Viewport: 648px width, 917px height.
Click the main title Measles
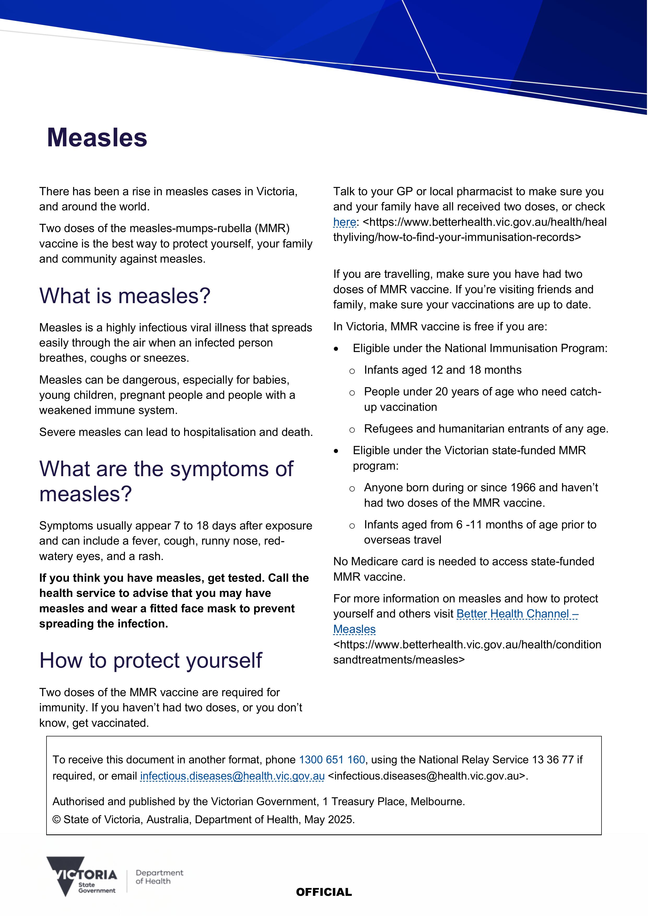(x=97, y=138)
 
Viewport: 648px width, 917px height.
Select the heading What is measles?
(x=125, y=296)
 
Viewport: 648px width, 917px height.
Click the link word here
(x=344, y=222)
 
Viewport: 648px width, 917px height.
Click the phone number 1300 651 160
(x=332, y=760)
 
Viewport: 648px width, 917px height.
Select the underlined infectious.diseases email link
(x=232, y=776)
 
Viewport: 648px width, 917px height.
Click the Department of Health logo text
(x=159, y=877)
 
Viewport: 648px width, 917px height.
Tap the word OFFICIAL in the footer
(x=324, y=892)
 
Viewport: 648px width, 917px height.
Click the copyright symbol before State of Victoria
(x=57, y=820)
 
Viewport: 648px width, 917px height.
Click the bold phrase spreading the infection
(x=103, y=624)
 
